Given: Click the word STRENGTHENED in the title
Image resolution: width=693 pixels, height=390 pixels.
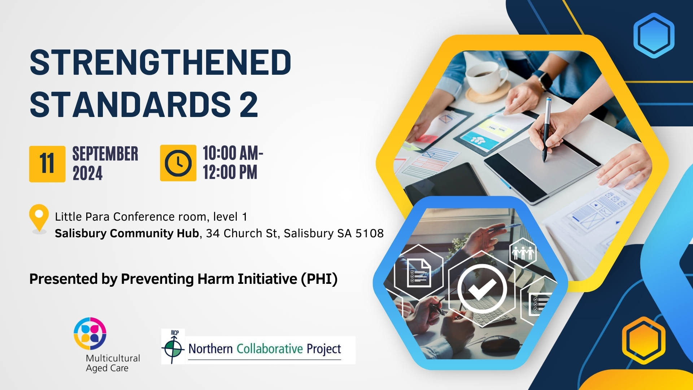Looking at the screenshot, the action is [160, 62].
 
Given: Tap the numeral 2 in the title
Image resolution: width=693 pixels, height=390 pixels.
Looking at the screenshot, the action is [248, 104].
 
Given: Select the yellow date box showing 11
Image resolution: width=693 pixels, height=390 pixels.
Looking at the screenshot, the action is [47, 164].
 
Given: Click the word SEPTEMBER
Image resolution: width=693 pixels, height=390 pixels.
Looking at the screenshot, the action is [105, 154].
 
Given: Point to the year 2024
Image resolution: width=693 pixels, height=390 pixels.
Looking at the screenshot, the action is [87, 173].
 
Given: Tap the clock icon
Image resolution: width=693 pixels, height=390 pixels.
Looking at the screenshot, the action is [178, 163].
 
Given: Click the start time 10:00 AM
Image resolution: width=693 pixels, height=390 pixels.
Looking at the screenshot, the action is [233, 153].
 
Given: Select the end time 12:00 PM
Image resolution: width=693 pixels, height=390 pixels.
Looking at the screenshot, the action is [230, 172].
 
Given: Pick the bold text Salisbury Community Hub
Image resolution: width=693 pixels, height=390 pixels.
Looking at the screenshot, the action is [127, 233].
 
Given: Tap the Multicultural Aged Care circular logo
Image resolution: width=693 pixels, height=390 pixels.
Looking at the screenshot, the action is [90, 333].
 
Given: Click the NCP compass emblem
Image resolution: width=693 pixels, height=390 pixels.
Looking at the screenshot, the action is [173, 347].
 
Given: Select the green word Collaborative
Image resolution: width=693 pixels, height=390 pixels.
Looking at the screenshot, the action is [270, 349].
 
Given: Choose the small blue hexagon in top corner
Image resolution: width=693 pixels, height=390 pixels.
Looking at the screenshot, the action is [654, 35].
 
